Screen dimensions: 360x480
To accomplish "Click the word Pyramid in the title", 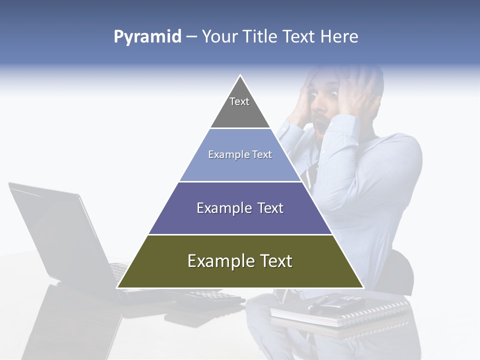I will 147,37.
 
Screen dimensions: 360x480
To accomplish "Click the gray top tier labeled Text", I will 240,107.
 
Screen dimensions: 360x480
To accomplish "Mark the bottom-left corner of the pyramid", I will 117,287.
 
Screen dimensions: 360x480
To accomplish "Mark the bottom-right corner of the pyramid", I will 363,287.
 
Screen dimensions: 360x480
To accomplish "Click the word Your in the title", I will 218,36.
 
